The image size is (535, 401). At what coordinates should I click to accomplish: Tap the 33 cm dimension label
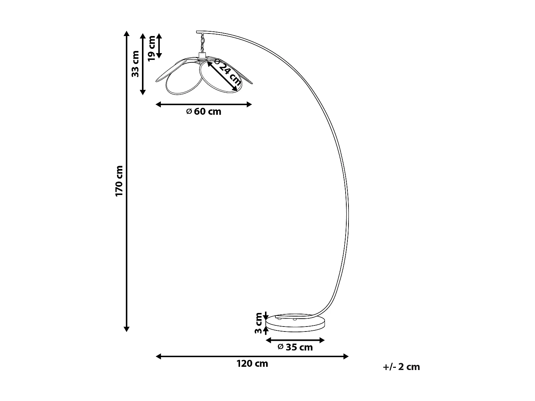[135, 64]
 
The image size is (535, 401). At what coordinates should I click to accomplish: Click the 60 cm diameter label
[204, 112]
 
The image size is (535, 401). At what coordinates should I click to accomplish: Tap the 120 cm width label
[252, 364]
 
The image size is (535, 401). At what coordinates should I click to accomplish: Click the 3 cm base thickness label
[259, 323]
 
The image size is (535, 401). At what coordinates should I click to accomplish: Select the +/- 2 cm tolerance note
[402, 367]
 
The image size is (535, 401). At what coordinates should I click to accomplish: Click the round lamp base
[296, 323]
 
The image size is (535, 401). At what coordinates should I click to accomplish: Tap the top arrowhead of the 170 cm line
[126, 34]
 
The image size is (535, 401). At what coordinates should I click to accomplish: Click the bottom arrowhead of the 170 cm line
[126, 329]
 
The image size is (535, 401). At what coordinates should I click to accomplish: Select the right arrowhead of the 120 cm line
[346, 356]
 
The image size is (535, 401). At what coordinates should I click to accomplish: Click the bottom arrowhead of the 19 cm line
[159, 55]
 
